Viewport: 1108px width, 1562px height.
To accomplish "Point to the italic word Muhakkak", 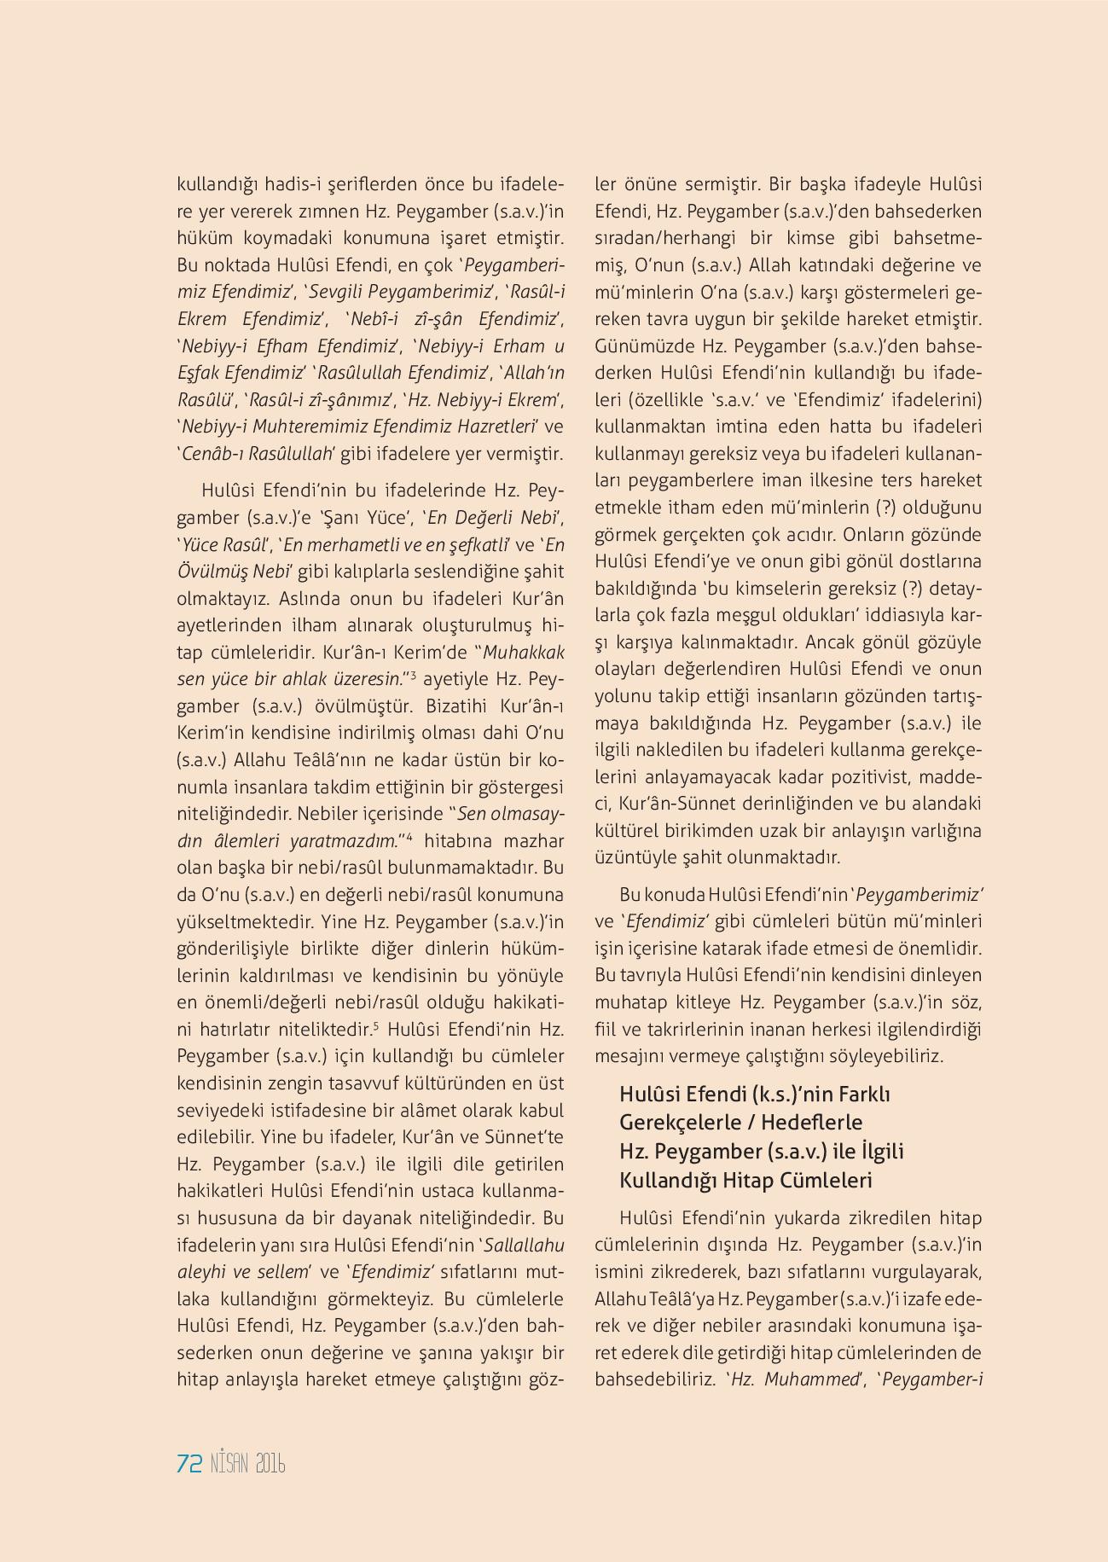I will tap(524, 653).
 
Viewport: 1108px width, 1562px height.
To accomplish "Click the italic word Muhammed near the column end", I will tap(813, 1379).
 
